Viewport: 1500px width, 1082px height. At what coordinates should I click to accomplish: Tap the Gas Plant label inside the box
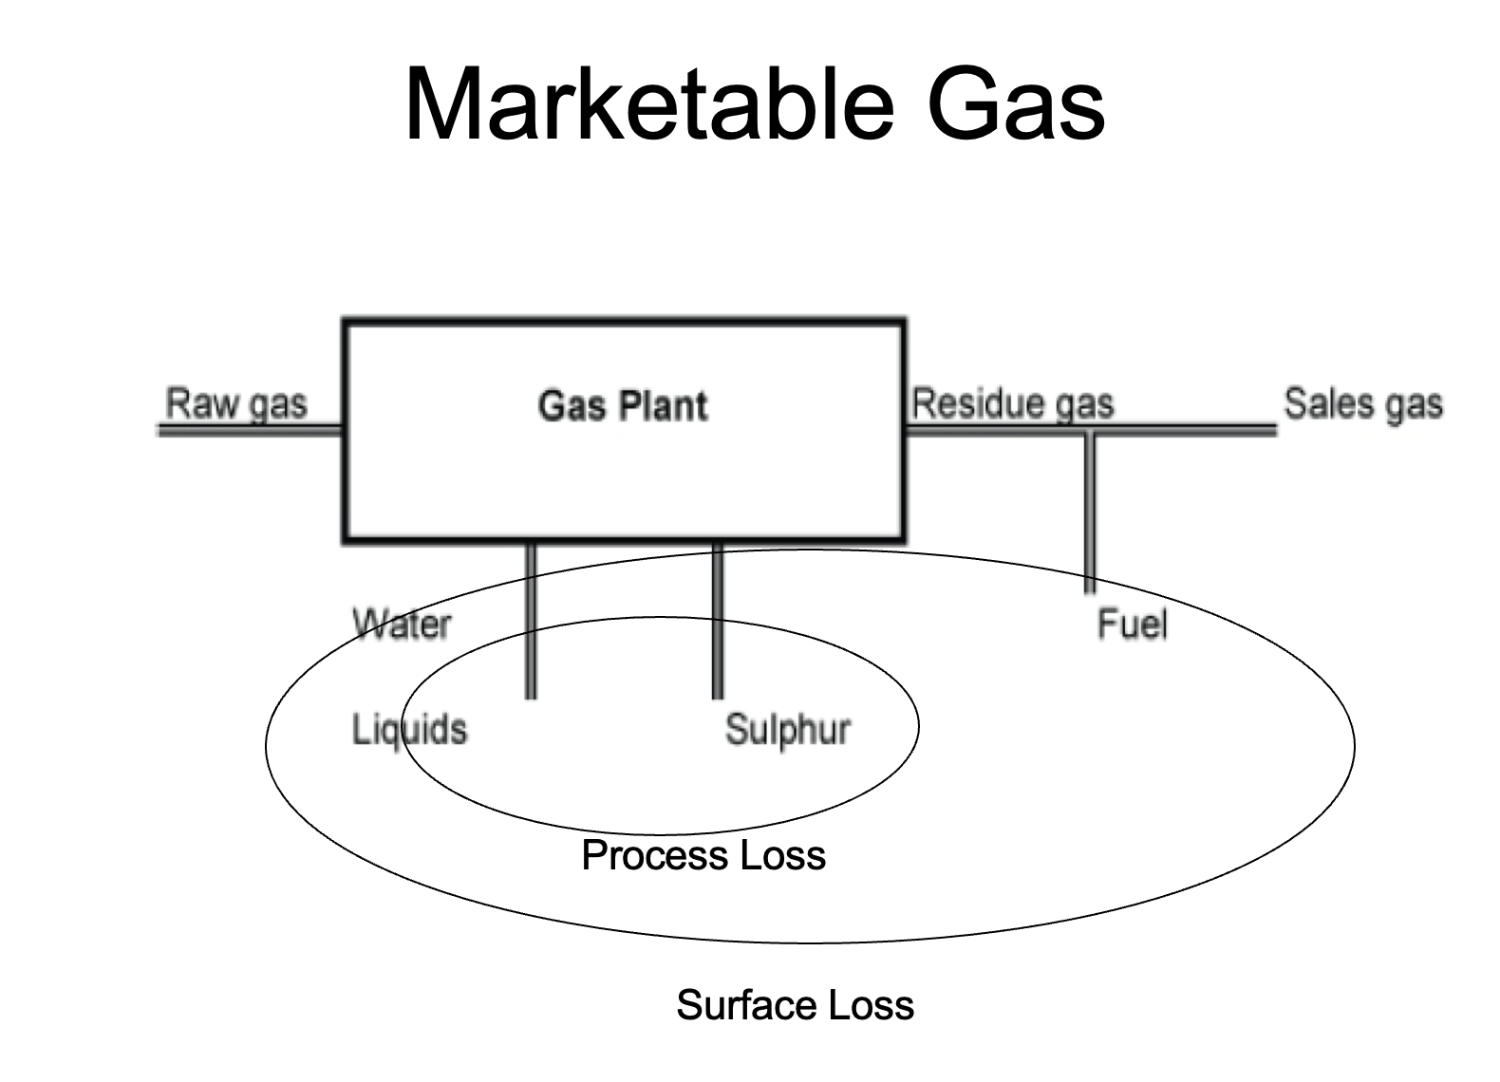623,406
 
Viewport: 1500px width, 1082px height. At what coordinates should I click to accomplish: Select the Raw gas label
236,403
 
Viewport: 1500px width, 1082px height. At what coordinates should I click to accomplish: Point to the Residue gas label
1012,404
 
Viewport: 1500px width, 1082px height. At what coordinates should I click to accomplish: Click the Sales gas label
1363,404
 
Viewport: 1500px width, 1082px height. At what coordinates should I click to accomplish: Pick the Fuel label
1132,625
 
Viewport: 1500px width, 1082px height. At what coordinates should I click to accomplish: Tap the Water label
402,625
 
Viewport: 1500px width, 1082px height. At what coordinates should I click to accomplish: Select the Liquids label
409,730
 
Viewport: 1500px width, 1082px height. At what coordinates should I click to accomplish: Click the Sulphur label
787,730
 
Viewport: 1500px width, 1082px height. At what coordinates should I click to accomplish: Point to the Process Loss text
703,855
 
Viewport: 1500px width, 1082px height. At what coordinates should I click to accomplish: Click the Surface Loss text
795,1005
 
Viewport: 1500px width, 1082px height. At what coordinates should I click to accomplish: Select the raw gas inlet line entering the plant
249,430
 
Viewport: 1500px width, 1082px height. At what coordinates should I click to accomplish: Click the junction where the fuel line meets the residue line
1090,431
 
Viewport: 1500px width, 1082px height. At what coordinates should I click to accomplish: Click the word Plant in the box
664,406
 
